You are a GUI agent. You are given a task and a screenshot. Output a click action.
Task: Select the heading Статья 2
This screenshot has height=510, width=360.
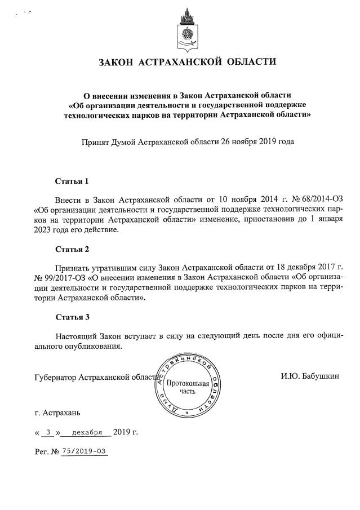click(x=72, y=249)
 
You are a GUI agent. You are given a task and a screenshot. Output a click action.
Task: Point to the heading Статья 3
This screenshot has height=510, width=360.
click(x=72, y=317)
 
